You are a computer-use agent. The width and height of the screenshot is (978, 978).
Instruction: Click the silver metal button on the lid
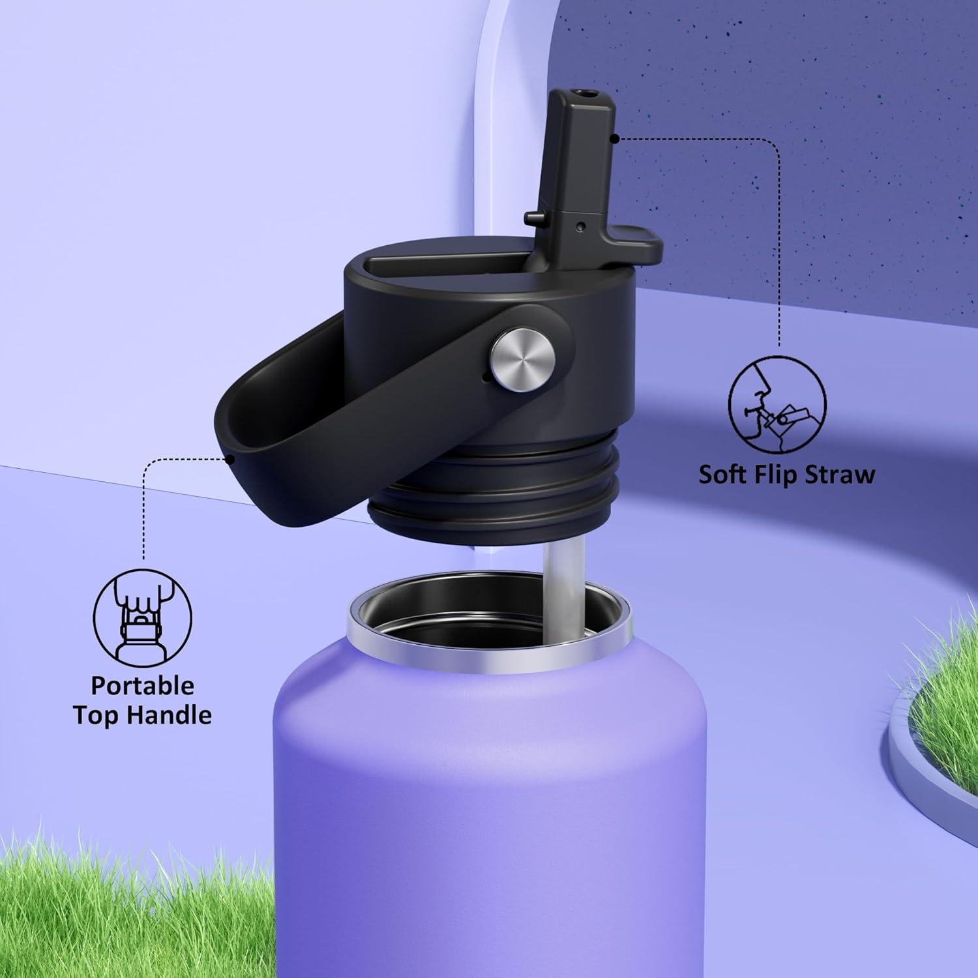(x=523, y=359)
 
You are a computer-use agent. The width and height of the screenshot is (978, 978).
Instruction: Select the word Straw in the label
(x=840, y=474)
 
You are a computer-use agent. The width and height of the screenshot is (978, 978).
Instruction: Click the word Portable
(x=142, y=686)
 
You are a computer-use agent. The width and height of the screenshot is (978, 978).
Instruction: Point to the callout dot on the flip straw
(x=615, y=138)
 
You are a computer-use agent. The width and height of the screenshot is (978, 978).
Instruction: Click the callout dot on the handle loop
(x=231, y=459)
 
